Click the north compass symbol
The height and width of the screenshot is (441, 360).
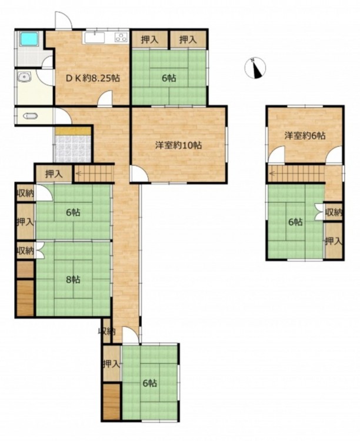pyautogui.click(x=255, y=68)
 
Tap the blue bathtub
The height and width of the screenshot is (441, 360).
pyautogui.click(x=29, y=39)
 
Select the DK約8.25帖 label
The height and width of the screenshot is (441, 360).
pyautogui.click(x=93, y=78)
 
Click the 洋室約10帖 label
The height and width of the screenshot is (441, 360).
pyautogui.click(x=178, y=145)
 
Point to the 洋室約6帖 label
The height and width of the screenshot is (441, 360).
pyautogui.click(x=305, y=136)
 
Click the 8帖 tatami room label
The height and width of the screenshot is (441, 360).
pyautogui.click(x=73, y=279)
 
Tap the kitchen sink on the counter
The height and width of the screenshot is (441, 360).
pyautogui.click(x=94, y=37)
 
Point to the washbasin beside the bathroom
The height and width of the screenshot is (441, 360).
pyautogui.click(x=25, y=77)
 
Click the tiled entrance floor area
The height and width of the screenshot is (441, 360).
pyautogui.click(x=73, y=149)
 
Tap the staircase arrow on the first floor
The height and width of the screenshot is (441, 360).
pyautogui.click(x=94, y=174)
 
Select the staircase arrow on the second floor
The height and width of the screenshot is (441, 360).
pyautogui.click(x=295, y=173)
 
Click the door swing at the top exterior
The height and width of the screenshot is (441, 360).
pyautogui.click(x=64, y=19)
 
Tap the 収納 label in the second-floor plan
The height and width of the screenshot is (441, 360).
pyautogui.click(x=333, y=212)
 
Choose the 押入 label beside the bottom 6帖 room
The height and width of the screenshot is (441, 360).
pyautogui.click(x=111, y=364)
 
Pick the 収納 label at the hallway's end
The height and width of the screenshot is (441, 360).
pyautogui.click(x=106, y=332)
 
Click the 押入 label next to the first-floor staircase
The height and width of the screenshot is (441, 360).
pyautogui.click(x=54, y=175)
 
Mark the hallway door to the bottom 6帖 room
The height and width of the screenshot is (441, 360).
pyautogui.click(x=131, y=335)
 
